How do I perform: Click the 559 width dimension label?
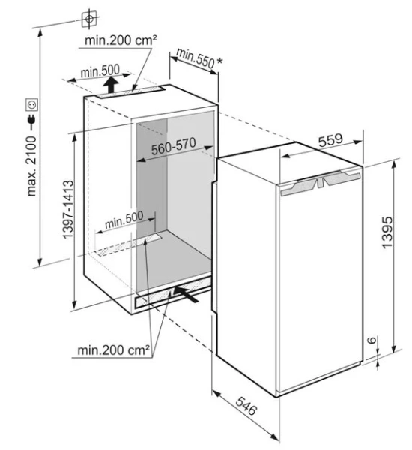(330, 140)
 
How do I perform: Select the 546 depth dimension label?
(246, 406)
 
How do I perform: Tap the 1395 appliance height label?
(387, 232)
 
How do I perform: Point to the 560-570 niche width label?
(174, 146)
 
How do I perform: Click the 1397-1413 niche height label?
(68, 209)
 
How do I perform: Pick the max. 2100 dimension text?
(31, 166)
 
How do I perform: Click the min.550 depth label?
(196, 58)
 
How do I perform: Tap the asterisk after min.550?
(220, 61)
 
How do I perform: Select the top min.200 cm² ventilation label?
(121, 40)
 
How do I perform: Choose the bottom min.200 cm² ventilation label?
(114, 349)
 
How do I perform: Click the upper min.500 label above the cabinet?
(100, 71)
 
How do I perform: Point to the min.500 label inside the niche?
(124, 220)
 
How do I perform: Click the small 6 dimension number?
(372, 340)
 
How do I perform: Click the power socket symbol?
(31, 104)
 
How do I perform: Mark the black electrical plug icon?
(31, 121)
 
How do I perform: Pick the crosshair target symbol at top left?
(89, 19)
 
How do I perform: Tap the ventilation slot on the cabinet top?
(130, 91)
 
